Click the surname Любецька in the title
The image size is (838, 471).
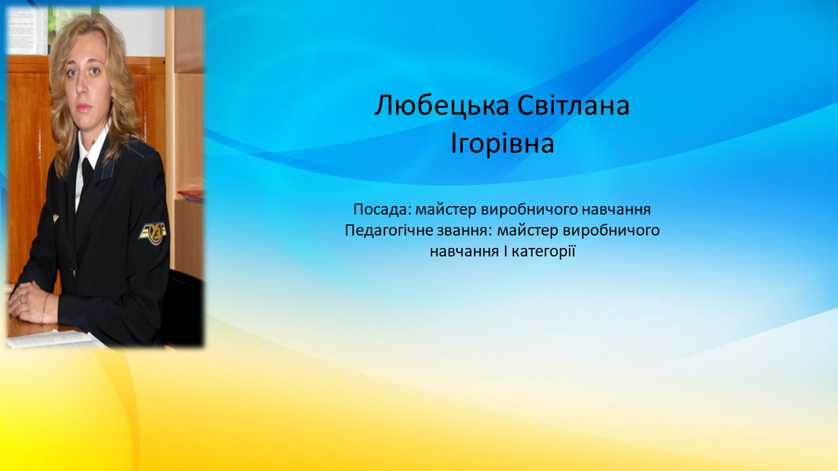pyautogui.click(x=442, y=106)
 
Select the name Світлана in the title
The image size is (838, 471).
pyautogui.click(x=574, y=105)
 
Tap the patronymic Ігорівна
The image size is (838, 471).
pyautogui.click(x=502, y=144)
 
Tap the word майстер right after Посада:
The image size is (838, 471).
pyautogui.click(x=446, y=210)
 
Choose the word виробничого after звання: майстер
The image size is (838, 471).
pyautogui.click(x=611, y=231)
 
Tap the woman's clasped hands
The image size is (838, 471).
pyautogui.click(x=26, y=300)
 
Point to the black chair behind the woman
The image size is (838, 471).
pyautogui.click(x=185, y=307)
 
